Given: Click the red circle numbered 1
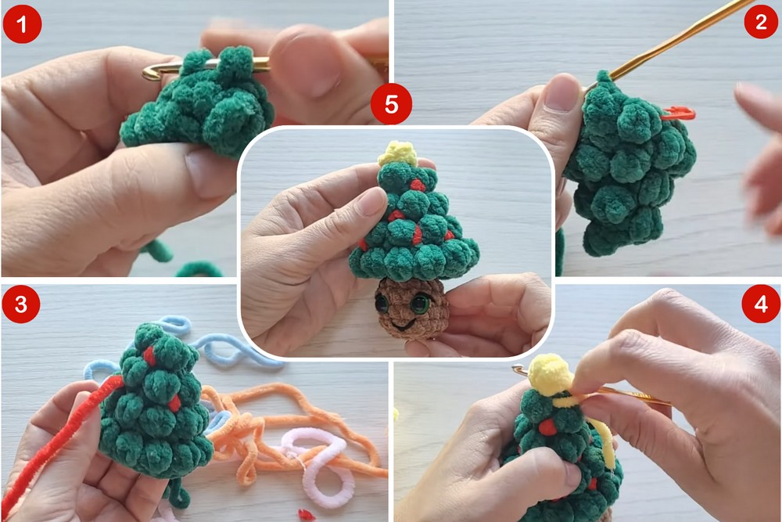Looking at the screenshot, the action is (x=21, y=23).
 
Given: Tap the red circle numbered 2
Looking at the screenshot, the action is (x=760, y=21).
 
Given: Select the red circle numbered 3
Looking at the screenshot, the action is (x=20, y=304).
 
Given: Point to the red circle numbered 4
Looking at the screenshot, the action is (x=761, y=304).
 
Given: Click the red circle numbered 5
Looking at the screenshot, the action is (x=391, y=104).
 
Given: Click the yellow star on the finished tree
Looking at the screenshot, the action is (x=397, y=153).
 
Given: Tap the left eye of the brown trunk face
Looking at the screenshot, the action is (x=383, y=303).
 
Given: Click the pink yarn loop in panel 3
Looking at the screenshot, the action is (x=319, y=464).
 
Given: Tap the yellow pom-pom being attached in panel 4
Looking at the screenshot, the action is (x=549, y=374).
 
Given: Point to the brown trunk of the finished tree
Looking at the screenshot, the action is (x=412, y=308).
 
